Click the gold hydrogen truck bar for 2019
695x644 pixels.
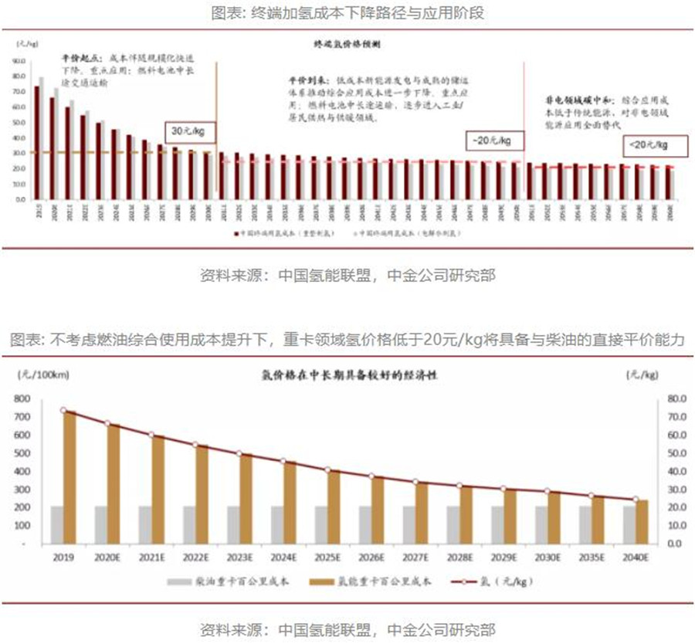click(x=70, y=477)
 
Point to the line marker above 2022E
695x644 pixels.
click(x=195, y=446)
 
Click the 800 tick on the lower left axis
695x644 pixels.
click(x=22, y=399)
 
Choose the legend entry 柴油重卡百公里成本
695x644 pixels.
click(x=229, y=580)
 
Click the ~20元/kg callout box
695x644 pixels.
click(x=494, y=141)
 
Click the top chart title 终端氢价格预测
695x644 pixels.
click(x=347, y=46)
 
